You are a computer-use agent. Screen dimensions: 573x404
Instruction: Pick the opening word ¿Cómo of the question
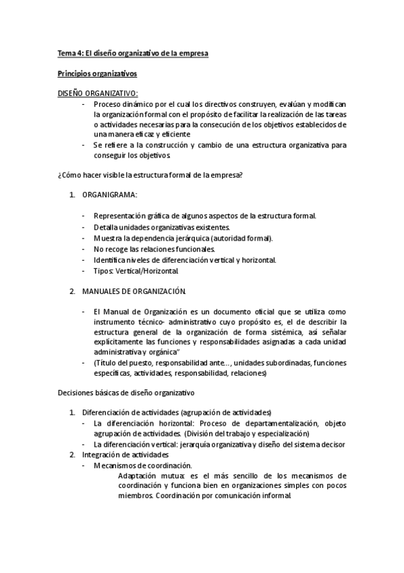coord(68,176)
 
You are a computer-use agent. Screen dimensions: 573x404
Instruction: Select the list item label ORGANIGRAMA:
coord(109,195)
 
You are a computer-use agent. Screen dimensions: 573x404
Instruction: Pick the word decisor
coord(332,444)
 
